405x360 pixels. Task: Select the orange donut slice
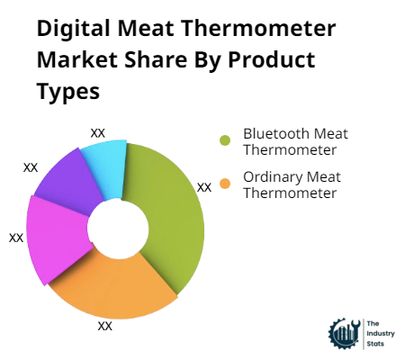coord(115,288)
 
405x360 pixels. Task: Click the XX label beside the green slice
coord(204,188)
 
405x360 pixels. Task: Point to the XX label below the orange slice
coord(105,326)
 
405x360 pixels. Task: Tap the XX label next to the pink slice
coord(16,238)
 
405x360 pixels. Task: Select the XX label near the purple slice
coord(31,168)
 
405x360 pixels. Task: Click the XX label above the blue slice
coord(98,133)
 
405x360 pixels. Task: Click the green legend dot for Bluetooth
coord(225,140)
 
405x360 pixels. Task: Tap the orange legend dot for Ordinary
coord(225,184)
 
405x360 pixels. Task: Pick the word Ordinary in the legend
coord(273,177)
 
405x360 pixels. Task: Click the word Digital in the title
coord(74,29)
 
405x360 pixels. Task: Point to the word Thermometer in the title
coord(259,29)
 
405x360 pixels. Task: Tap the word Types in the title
coord(68,91)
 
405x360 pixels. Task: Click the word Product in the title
coord(272,59)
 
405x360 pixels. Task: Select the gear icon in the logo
coord(345,334)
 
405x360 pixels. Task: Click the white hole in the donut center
coord(118,228)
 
